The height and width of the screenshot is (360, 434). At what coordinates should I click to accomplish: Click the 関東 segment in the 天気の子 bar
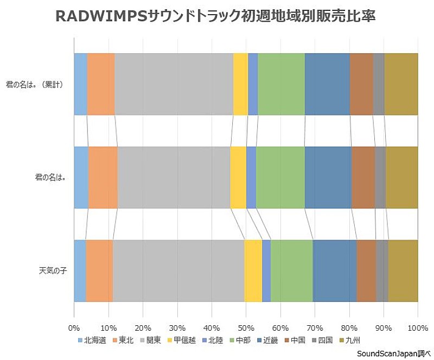click(x=178, y=270)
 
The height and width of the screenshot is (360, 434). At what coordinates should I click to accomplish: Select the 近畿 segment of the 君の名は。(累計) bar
click(x=327, y=84)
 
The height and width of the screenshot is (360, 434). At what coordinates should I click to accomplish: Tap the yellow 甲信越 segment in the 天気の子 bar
click(x=253, y=270)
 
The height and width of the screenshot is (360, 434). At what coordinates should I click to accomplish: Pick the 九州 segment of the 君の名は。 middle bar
click(x=401, y=177)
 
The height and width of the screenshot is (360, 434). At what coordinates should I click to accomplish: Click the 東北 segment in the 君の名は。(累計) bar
click(x=100, y=84)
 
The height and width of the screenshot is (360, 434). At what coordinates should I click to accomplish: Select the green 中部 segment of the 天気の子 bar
click(x=291, y=270)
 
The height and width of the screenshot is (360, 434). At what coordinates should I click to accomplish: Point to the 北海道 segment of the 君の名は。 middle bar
click(x=81, y=177)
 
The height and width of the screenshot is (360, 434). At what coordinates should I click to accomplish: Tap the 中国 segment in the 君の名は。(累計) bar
click(x=361, y=84)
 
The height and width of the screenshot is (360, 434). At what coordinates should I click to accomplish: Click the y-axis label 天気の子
click(x=53, y=270)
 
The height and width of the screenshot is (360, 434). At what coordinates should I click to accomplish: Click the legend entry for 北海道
click(x=91, y=340)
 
